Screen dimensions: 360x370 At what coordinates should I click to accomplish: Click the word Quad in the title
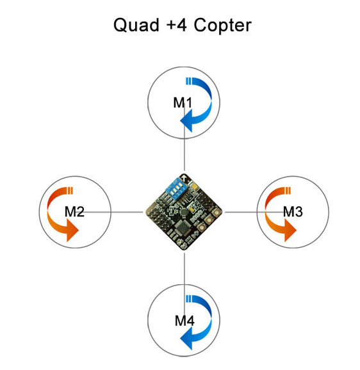click(x=136, y=25)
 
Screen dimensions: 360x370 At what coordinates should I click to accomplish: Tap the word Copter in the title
click(x=223, y=26)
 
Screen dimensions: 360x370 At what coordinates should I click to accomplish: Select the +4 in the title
click(x=176, y=25)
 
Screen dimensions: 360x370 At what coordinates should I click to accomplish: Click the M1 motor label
click(x=183, y=103)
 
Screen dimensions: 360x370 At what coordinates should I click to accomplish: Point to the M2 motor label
click(x=74, y=212)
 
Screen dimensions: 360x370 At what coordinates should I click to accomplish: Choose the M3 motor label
click(x=293, y=212)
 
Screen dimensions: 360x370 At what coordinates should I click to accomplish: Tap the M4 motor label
click(x=184, y=321)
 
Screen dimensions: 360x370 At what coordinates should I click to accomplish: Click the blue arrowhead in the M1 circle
click(x=187, y=121)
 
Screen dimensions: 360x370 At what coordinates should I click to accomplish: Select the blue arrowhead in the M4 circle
click(x=187, y=339)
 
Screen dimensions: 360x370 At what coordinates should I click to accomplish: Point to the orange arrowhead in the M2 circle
click(x=72, y=230)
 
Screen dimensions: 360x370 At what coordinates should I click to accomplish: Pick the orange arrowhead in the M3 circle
click(x=290, y=230)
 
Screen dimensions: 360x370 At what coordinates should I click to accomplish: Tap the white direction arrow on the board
click(x=184, y=178)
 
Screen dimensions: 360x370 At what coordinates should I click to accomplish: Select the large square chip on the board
click(x=182, y=227)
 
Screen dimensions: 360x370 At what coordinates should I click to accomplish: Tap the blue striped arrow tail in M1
click(x=188, y=81)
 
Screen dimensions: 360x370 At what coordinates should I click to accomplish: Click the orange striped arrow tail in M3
click(x=288, y=191)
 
